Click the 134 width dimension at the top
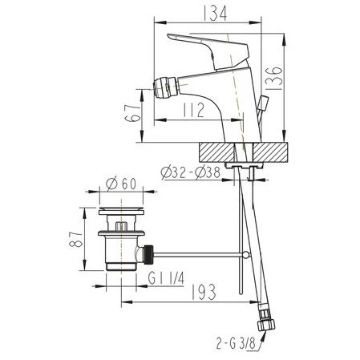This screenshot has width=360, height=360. click(x=215, y=14)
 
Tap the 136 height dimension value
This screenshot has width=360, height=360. click(x=274, y=78)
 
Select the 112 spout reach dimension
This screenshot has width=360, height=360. click(x=194, y=110)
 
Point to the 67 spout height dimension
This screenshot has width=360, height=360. click(x=132, y=113)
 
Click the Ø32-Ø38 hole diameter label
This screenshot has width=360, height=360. click(x=191, y=172)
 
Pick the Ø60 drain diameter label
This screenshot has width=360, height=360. click(x=121, y=183)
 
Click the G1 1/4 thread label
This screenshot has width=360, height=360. click(x=166, y=278)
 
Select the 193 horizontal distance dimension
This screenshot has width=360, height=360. click(x=204, y=292)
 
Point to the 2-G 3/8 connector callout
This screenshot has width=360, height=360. click(x=236, y=343)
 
